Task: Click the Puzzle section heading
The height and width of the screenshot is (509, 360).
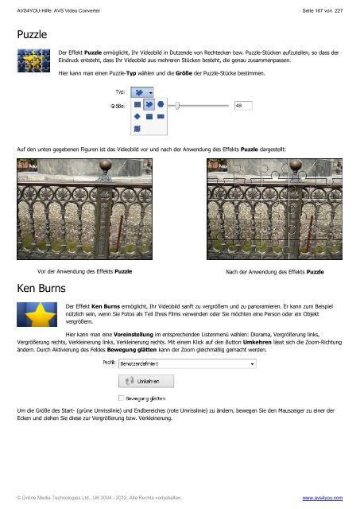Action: click(32, 34)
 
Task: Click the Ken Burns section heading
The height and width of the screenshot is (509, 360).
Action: click(41, 288)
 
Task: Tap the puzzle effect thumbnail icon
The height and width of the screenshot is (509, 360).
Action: click(33, 60)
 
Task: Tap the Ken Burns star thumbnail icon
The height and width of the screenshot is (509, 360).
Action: click(37, 314)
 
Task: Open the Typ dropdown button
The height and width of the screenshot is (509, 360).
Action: click(142, 92)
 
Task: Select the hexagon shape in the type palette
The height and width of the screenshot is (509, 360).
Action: click(161, 104)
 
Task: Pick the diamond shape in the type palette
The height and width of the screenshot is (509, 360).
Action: click(137, 116)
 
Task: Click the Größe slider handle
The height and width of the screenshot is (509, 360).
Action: click(177, 106)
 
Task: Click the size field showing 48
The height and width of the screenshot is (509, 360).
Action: click(243, 106)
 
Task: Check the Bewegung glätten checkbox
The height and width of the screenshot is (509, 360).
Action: click(122, 398)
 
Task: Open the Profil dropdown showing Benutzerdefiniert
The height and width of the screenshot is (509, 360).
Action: click(188, 363)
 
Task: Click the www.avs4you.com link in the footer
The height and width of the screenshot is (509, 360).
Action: click(323, 498)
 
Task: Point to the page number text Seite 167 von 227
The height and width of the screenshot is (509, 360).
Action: click(323, 10)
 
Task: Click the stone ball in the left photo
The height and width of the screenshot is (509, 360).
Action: click(106, 165)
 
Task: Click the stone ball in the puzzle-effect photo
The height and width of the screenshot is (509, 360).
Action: click(296, 165)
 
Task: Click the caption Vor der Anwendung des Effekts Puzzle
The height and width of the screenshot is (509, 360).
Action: click(85, 271)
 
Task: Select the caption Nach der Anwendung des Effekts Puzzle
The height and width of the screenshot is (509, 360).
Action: click(275, 272)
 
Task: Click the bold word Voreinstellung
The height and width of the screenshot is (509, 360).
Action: click(134, 334)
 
